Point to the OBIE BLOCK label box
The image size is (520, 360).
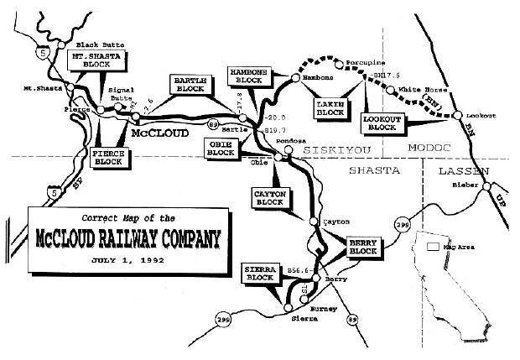click(x=221, y=149)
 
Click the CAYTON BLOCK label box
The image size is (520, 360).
click(x=270, y=197)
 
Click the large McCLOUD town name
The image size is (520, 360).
click(x=161, y=131)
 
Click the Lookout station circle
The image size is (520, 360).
click(x=459, y=115)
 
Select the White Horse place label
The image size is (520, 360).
click(x=417, y=89)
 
